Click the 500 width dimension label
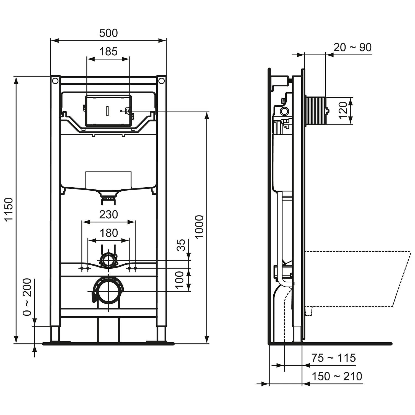108,33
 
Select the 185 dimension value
108,51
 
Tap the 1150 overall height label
9,209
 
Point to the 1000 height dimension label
199,227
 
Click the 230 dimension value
108,214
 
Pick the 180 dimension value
108,233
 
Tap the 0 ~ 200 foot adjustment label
28,297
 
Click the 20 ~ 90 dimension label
352,48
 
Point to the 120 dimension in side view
343,110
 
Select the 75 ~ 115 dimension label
333,358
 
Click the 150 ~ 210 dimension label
337,376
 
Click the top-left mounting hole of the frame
55,81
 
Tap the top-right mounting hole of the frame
162,81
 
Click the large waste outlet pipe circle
108,291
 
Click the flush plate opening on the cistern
108,111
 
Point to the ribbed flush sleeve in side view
316,110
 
